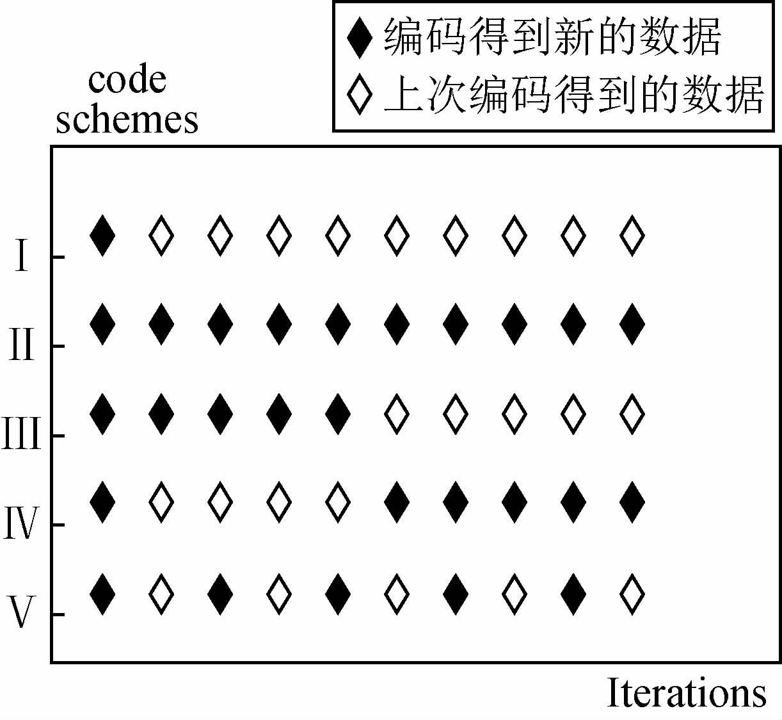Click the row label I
coord(22,258)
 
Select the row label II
coord(21,347)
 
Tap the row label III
coord(21,436)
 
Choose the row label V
coord(21,614)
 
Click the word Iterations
coord(686,693)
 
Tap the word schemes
coord(127,119)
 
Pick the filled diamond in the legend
coord(359,38)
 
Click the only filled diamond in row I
coord(102,236)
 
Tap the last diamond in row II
coord(632,325)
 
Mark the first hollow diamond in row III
coord(397,414)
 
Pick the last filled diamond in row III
coord(338,414)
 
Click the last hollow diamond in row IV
coord(338,503)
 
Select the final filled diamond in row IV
coord(632,503)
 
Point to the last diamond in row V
coord(632,594)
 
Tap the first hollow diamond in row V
coord(161,594)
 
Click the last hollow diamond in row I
coord(632,236)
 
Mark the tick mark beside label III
coord(58,436)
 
